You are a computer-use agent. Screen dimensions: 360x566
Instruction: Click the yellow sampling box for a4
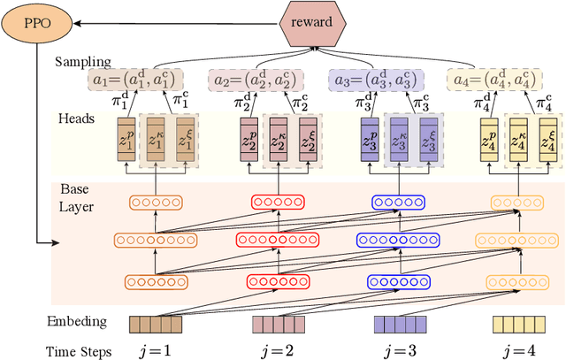coord(492,79)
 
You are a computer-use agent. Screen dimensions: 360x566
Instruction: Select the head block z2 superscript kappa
coord(279,139)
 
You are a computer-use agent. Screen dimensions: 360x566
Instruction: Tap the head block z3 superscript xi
coord(427,139)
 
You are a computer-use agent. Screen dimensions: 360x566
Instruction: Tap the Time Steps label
coord(79,351)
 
